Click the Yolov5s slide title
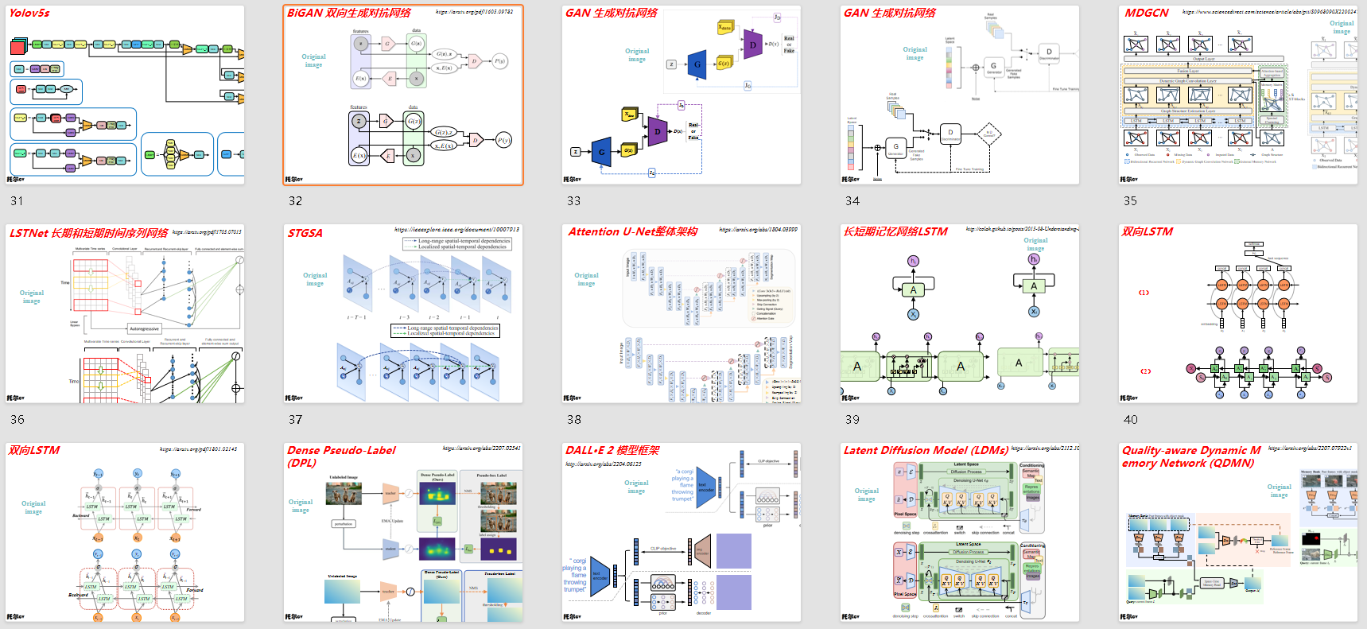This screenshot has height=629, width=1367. tap(29, 13)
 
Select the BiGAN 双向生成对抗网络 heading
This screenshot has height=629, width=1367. tap(349, 13)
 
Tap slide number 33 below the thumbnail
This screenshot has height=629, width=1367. tap(573, 201)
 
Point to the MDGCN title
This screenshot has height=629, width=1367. tap(1147, 13)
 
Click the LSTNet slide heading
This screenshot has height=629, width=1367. tap(88, 233)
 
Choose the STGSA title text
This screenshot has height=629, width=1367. tap(305, 233)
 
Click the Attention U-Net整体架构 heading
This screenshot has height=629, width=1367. tap(632, 231)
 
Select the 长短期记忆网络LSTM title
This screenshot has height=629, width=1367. tap(895, 231)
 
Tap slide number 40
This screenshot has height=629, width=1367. tap(1130, 420)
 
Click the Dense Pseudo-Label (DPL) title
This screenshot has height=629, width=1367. tap(341, 456)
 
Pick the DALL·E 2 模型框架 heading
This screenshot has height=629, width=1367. tap(612, 450)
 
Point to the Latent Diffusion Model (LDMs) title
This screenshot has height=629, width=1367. tap(926, 450)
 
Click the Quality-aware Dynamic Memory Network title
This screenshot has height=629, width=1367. tap(1190, 456)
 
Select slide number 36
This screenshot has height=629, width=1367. tap(17, 420)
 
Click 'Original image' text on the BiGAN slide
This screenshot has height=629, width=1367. tap(313, 60)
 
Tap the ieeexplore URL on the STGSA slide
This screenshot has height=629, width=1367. tap(456, 230)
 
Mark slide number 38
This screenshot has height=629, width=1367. tap(573, 420)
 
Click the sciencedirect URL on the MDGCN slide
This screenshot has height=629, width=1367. tap(1269, 12)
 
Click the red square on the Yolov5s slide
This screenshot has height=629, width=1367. tap(17, 48)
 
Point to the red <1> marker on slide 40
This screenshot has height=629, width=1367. tap(1144, 293)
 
